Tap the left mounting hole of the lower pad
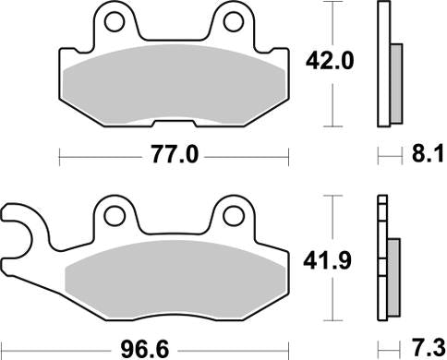point(115,215)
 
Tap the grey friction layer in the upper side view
point(395,83)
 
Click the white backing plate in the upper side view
point(382,65)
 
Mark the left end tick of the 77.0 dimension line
point(59,156)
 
